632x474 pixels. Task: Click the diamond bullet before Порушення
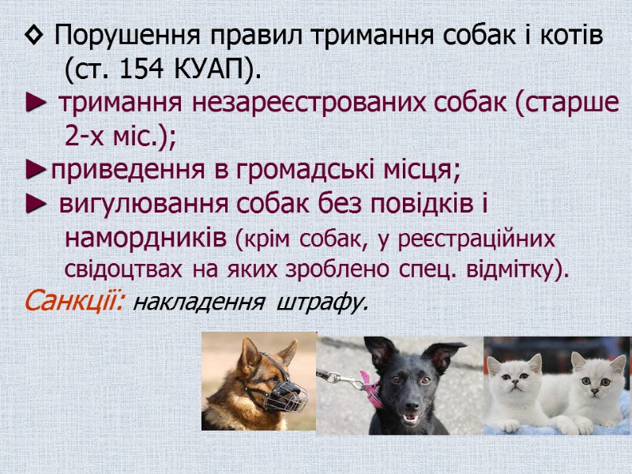pyautogui.click(x=32, y=36)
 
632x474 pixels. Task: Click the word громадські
pyautogui.click(x=304, y=171)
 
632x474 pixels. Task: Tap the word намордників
pyautogui.click(x=146, y=238)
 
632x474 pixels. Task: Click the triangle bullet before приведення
pyautogui.click(x=35, y=171)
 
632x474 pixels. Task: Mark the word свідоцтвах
pyautogui.click(x=123, y=269)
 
